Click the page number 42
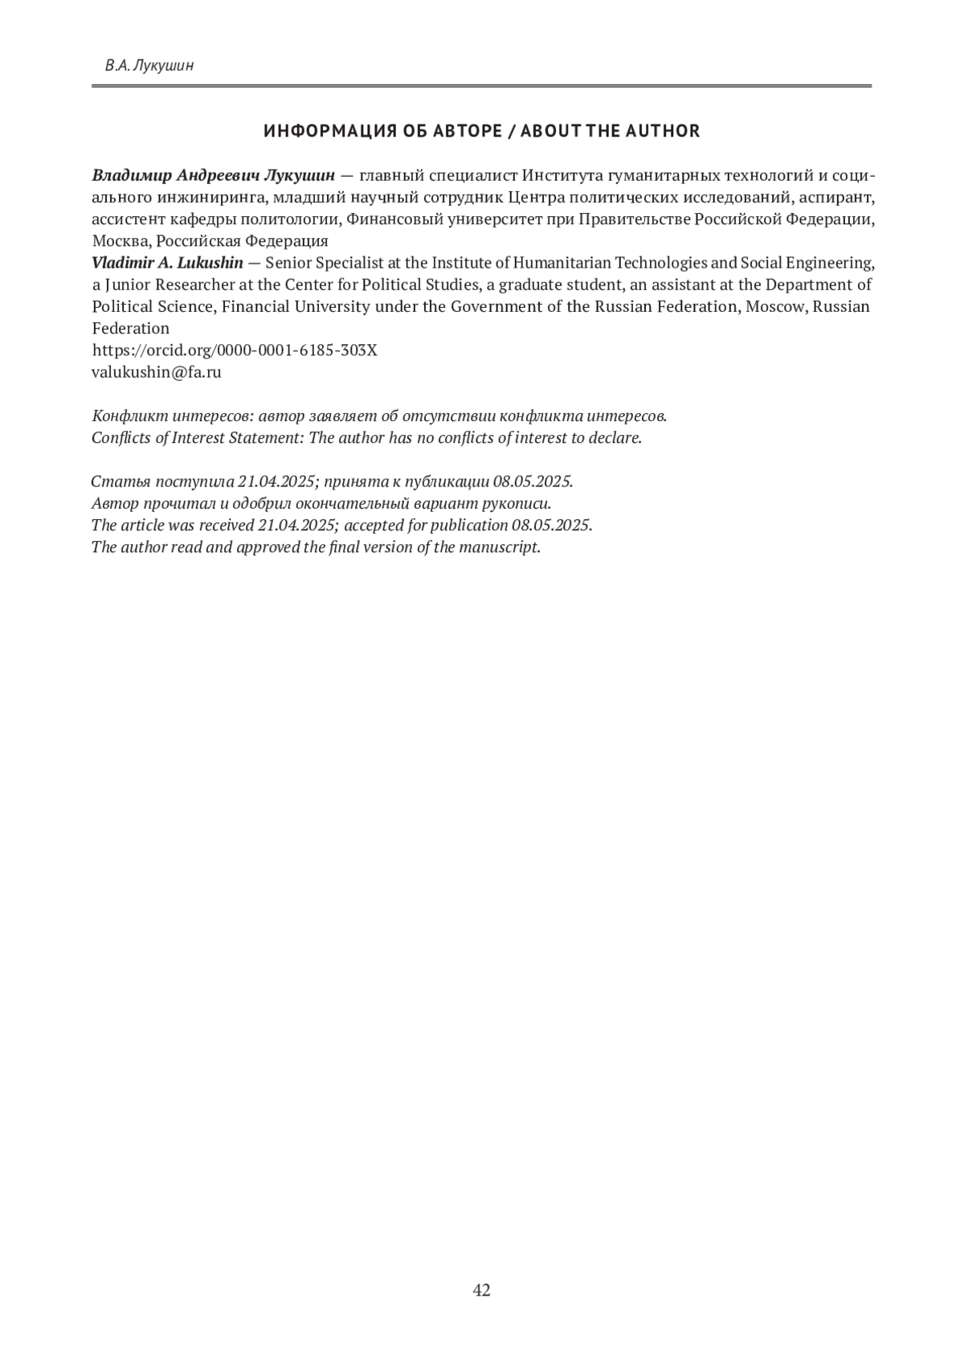[481, 1290]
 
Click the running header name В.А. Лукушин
[149, 66]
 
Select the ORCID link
[235, 350]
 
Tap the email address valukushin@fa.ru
[157, 372]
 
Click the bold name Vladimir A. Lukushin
[167, 263]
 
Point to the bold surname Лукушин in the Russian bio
[300, 175]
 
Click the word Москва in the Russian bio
[120, 241]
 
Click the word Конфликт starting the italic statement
[126, 416]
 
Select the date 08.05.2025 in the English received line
[551, 526]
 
